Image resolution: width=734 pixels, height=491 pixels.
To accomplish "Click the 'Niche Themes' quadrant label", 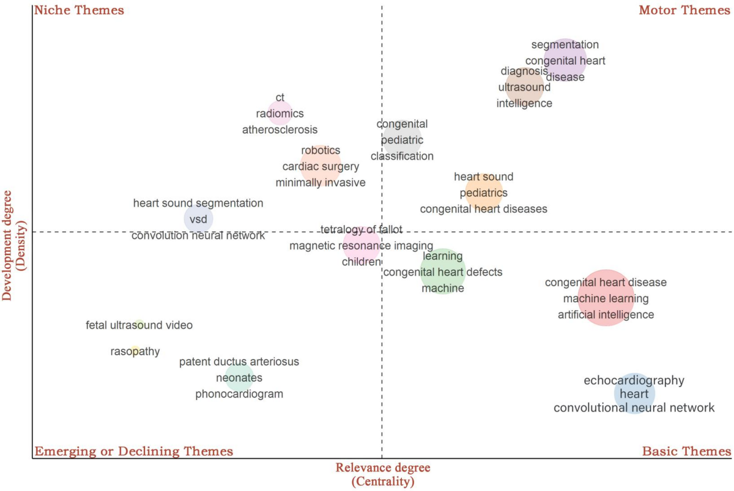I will coord(80,10).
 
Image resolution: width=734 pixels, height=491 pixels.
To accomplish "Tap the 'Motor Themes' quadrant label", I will coord(684,10).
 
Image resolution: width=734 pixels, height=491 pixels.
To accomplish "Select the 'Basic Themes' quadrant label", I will coord(686,451).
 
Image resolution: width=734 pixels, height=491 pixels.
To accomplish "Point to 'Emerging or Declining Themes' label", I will coord(134,451).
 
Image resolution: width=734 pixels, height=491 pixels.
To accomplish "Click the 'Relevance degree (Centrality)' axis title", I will coord(383,474).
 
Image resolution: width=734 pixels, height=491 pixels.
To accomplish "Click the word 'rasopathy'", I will coord(135,352).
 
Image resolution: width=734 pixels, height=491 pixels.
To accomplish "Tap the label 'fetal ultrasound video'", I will coord(139,325).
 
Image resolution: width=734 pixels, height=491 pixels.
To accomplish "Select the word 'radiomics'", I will coord(280,114).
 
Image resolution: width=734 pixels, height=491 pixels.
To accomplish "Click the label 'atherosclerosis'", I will coord(280,130).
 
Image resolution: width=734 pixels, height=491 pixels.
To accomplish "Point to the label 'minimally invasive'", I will coord(321,182).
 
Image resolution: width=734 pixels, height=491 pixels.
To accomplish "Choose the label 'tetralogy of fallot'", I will coord(361,230).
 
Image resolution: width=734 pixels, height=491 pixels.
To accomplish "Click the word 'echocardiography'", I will coord(634,380).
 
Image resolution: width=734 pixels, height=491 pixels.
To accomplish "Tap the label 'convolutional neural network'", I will coord(634,408).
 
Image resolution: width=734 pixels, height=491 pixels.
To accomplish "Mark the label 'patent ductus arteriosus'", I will coord(239,362).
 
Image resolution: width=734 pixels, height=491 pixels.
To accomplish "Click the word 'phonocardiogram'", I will coord(239,394).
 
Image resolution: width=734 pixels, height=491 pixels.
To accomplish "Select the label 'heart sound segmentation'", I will coord(198,203).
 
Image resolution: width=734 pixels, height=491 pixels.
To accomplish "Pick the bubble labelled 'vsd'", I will coord(199,219).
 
